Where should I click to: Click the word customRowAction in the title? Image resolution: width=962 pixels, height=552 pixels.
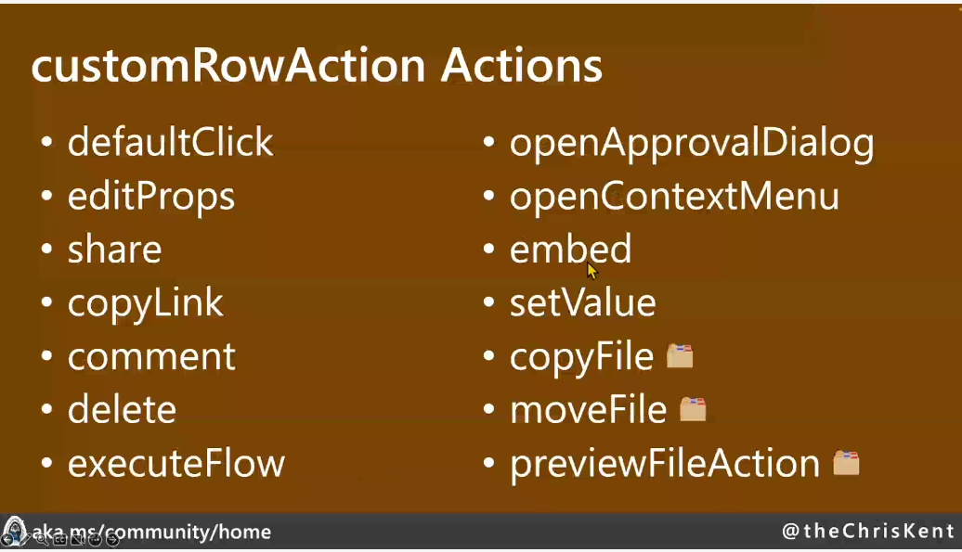pos(228,65)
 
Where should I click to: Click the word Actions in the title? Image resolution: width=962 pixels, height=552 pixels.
pos(522,65)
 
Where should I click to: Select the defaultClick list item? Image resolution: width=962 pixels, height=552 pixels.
pos(170,142)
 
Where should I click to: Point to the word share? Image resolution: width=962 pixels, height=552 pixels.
pos(115,250)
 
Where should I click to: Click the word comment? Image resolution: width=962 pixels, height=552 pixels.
pos(151,357)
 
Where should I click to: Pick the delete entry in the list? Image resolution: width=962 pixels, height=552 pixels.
pos(122,409)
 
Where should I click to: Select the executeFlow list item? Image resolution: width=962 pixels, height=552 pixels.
pos(176,463)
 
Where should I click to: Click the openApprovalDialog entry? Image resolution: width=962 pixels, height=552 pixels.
pos(692,144)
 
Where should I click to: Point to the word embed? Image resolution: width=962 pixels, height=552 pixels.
pos(570,250)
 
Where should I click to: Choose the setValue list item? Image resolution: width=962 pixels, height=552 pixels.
pos(583,302)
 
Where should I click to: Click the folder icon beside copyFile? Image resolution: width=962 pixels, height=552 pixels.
pos(680,356)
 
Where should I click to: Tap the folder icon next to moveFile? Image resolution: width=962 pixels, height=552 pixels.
pos(693,409)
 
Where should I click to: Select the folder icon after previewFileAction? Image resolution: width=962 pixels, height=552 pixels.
pos(846,463)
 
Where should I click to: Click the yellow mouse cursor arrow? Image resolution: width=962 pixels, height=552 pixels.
pos(591,270)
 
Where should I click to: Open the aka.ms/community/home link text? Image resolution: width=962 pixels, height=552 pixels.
pos(151,532)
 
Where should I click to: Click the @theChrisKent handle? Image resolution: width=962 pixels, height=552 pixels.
pos(868,531)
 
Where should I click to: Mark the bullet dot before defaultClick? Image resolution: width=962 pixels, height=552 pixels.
pos(46,142)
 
